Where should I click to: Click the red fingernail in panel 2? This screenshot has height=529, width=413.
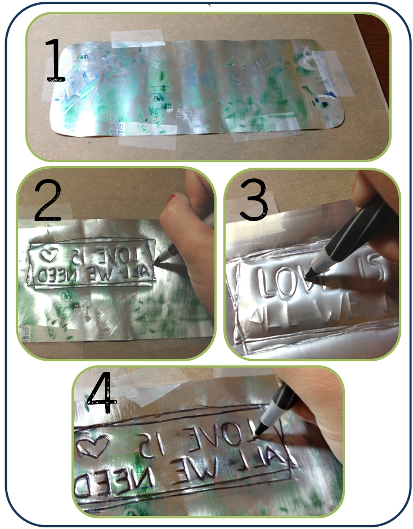click(x=171, y=198)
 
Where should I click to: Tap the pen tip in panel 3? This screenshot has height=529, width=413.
click(x=307, y=277)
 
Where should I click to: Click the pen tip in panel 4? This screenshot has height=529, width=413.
click(x=255, y=434)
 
